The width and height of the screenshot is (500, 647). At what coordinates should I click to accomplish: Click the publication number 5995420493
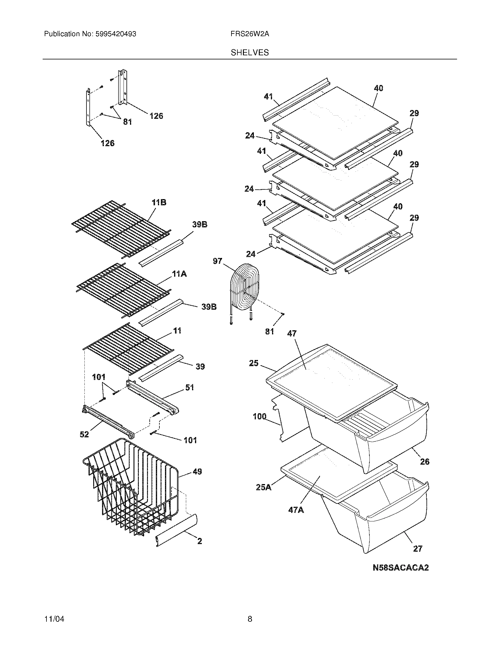pyautogui.click(x=116, y=34)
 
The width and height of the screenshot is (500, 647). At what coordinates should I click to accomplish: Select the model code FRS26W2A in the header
pyautogui.click(x=249, y=34)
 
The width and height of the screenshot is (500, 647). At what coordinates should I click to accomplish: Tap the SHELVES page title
pyautogui.click(x=249, y=53)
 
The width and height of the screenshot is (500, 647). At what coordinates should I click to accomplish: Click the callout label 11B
pyautogui.click(x=159, y=203)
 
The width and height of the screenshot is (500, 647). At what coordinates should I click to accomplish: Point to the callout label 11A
pyautogui.click(x=179, y=274)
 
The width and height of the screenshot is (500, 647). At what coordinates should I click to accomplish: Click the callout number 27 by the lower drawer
pyautogui.click(x=417, y=549)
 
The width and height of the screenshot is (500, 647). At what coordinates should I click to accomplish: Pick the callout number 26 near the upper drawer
pyautogui.click(x=424, y=461)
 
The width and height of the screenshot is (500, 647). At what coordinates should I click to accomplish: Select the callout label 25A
pyautogui.click(x=264, y=487)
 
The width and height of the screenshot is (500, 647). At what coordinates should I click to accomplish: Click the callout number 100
pyautogui.click(x=259, y=416)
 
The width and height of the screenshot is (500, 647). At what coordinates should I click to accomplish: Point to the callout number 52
pyautogui.click(x=84, y=434)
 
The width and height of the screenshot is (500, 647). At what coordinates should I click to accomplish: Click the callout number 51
pyautogui.click(x=189, y=387)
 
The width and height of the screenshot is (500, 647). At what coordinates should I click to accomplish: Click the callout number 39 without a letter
pyautogui.click(x=200, y=366)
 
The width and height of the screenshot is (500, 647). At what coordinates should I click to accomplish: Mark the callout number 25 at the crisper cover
pyautogui.click(x=254, y=363)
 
